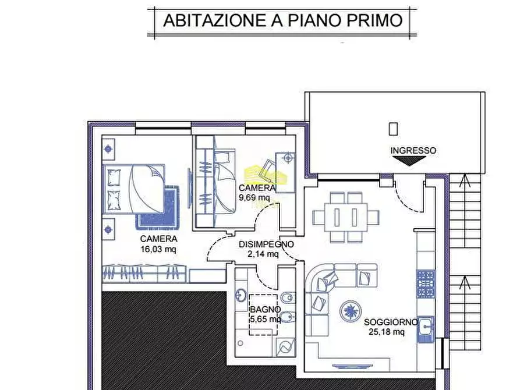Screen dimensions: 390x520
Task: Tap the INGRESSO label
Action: [413, 150]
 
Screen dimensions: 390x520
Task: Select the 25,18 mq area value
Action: [387, 332]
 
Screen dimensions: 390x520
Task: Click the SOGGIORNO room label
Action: [390, 322]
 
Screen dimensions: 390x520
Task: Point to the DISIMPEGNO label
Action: [266, 244]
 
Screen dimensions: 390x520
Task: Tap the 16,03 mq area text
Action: [158, 249]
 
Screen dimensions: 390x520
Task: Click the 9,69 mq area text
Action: [254, 197]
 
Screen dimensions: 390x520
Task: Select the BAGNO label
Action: [265, 310]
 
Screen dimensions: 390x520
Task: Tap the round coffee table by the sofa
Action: [351, 310]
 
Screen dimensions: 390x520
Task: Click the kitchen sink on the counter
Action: [426, 329]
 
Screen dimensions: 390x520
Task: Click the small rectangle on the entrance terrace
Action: [394, 129]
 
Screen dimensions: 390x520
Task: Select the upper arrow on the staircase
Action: [464, 182]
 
